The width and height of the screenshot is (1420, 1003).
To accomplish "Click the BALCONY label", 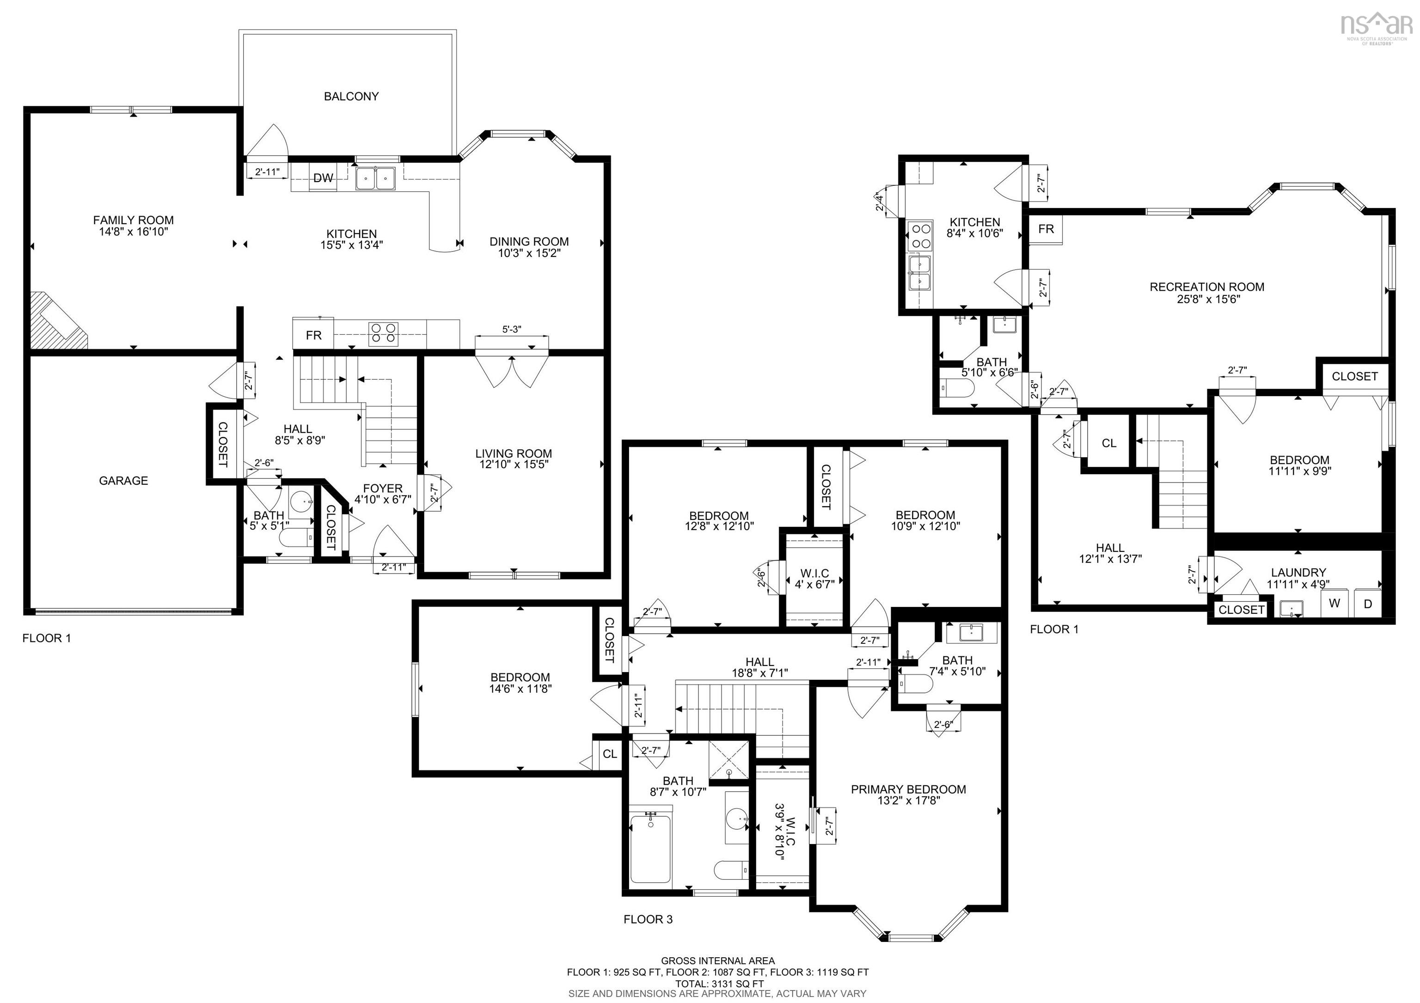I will tap(351, 97).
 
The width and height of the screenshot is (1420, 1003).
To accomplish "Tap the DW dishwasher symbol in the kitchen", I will tap(323, 178).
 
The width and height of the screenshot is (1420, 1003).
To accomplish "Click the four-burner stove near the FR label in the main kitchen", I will tap(384, 335).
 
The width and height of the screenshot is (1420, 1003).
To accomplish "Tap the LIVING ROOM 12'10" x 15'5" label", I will tap(514, 459).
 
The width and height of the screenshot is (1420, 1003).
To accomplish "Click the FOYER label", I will tap(382, 489).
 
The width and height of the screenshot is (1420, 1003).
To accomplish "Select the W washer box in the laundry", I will tap(1334, 603).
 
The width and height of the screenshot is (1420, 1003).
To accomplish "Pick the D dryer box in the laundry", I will tap(1368, 603).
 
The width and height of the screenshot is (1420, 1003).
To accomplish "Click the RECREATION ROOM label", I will tap(1206, 287).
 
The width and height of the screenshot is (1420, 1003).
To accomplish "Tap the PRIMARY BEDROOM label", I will tap(908, 789).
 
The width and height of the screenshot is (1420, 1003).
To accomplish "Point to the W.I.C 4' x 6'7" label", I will tap(814, 578).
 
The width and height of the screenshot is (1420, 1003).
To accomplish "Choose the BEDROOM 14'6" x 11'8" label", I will tap(520, 683).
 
